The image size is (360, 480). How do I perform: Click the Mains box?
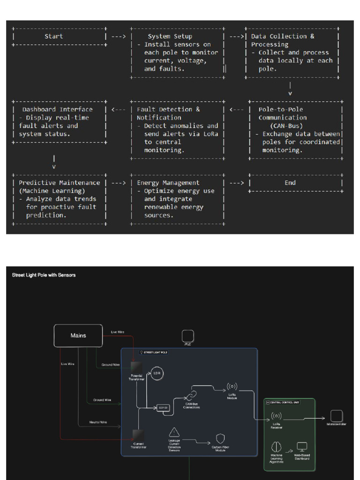click(78, 336)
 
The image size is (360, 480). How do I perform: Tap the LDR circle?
click(157, 373)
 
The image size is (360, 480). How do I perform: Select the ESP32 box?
click(163, 407)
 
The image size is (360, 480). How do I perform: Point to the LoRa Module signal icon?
click(232, 387)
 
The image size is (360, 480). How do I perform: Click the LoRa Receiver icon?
click(277, 416)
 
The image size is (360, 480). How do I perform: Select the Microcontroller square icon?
click(336, 416)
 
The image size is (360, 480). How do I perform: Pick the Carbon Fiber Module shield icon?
click(220, 438)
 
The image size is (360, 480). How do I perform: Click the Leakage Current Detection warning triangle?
click(174, 432)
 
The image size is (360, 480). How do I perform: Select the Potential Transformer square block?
click(137, 367)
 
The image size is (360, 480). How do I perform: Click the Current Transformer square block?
click(138, 435)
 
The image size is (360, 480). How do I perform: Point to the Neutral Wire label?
click(98, 422)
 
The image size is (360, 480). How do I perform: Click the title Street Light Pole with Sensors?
click(44, 275)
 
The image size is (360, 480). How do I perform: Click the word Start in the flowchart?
click(53, 36)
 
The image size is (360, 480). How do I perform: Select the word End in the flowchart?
click(290, 183)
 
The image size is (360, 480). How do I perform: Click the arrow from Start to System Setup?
click(119, 36)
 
